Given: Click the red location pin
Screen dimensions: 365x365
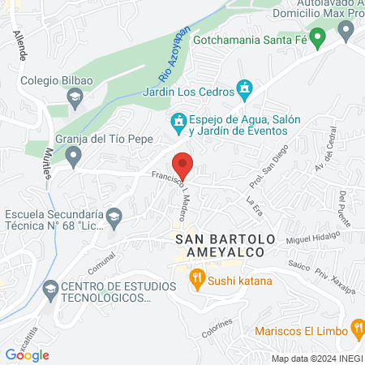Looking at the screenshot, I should coord(183,165).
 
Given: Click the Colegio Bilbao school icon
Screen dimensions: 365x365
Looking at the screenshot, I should coord(75,98).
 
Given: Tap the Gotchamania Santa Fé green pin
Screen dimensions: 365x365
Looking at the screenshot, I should coord(319,37).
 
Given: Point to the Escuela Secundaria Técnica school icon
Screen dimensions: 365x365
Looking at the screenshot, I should coord(114,216).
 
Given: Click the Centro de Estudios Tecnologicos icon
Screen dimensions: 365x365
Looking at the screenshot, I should coord(50,288).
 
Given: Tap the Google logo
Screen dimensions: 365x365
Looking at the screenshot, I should coord(28,354).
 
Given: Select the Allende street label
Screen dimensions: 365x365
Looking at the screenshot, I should coord(19,50).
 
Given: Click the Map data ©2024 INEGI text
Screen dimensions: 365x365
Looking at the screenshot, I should coord(316,358).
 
